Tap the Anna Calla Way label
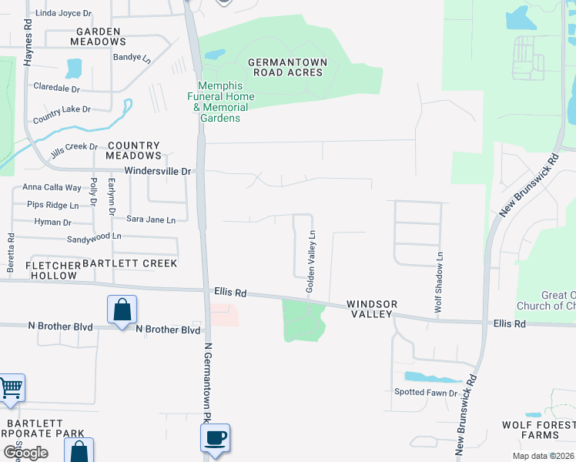(52, 187)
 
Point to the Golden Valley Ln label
(311, 261)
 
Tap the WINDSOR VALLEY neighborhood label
(371, 310)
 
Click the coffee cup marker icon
(215, 437)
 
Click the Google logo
(25, 453)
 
